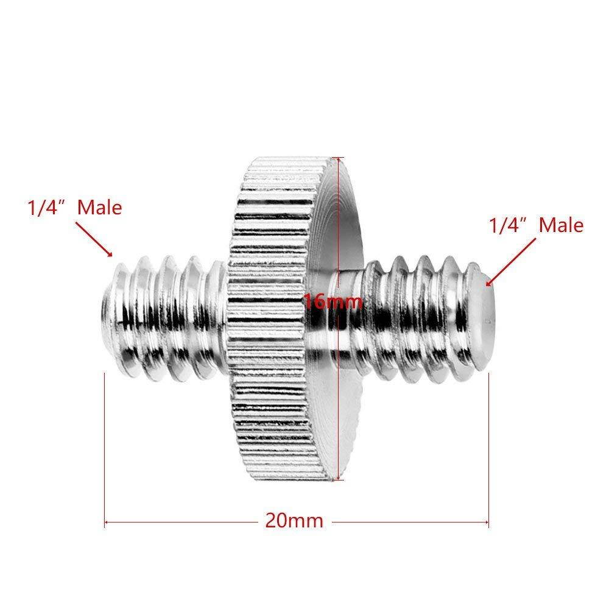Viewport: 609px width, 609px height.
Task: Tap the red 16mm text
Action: coord(333,301)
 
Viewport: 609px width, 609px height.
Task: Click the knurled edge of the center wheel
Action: coord(280,304)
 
